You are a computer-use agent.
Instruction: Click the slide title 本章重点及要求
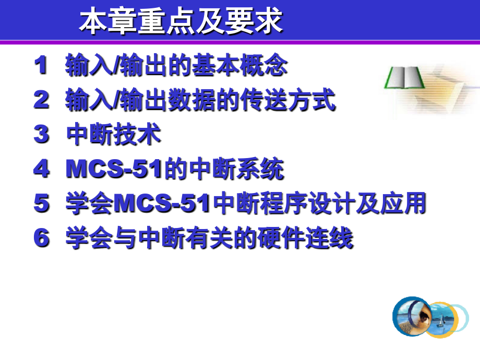[181, 22]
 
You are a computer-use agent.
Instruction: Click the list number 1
[41, 66]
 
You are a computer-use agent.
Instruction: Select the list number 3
[41, 135]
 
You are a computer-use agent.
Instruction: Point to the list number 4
[41, 169]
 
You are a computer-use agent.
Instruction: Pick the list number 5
[41, 203]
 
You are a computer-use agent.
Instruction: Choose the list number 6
[41, 238]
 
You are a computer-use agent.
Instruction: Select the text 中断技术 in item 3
[114, 135]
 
